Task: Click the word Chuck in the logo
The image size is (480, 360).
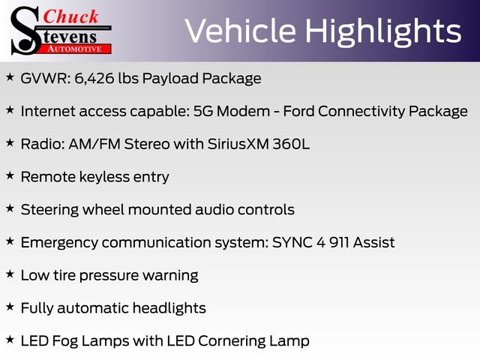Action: coord(70,16)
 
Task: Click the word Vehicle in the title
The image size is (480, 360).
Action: coord(241,31)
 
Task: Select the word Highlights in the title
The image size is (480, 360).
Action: coord(383,31)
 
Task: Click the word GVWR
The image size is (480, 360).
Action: coord(46,78)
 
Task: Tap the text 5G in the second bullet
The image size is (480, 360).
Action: coord(203,111)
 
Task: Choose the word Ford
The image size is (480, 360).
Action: coord(298,111)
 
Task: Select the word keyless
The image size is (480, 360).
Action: coord(104,177)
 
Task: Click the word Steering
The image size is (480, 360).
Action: coord(49,210)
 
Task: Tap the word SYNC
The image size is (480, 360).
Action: coord(292,242)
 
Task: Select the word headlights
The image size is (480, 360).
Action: coord(169,308)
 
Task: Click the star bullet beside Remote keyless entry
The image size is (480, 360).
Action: coord(10,175)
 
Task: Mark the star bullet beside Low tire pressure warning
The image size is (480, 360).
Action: coord(10,274)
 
